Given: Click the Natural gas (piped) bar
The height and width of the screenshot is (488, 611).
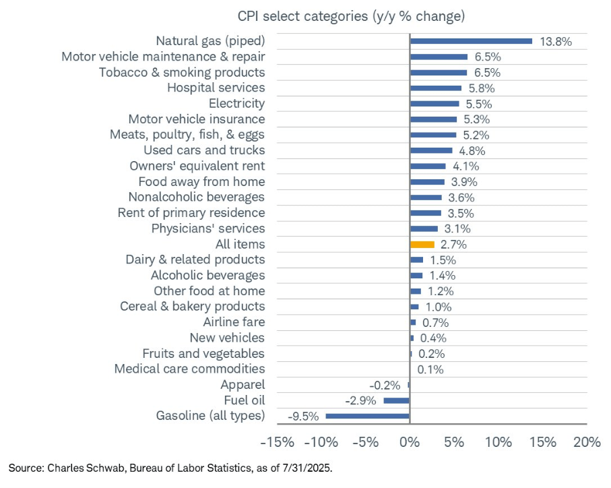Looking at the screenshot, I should tap(471, 41).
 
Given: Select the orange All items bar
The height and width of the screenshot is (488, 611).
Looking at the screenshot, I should tap(422, 244).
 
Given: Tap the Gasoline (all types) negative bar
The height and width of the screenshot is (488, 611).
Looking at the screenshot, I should tap(368, 416).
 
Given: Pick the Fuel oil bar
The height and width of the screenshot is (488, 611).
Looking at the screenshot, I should tap(397, 400).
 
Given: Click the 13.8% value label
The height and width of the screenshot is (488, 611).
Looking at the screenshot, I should tap(556, 42).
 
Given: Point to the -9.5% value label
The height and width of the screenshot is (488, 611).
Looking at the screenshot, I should tap(303, 416).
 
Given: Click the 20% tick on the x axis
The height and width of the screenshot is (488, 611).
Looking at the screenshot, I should tap(586, 442).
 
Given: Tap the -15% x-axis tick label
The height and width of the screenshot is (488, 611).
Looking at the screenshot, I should tap(277, 442).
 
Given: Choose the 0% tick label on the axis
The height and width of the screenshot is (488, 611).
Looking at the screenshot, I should tap(410, 442).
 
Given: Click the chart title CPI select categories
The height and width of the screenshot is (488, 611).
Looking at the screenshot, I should tap(350, 16).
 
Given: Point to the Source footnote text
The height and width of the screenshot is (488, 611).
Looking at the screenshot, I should tap(170, 467).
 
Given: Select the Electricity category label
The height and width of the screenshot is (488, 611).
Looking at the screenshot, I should tap(236, 104).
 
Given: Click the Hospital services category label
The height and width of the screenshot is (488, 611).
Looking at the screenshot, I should tap(216, 88).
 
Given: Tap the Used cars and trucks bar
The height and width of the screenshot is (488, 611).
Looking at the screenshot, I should tap(431, 150).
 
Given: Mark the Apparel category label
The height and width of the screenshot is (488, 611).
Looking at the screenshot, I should tap(243, 385).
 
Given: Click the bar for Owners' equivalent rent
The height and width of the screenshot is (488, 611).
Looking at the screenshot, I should tap(428, 166).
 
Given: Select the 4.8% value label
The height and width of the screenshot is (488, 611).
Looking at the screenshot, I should tap(471, 151).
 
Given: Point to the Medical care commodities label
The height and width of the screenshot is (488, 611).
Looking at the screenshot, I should tap(189, 369).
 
